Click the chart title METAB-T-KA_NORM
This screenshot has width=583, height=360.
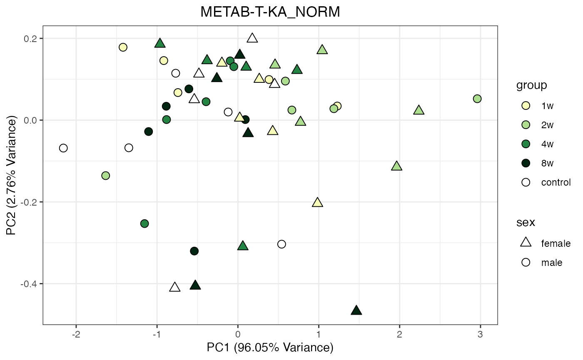click(x=270, y=12)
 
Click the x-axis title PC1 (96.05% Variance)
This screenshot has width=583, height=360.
click(x=270, y=348)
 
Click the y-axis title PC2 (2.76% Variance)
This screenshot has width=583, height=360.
click(x=12, y=177)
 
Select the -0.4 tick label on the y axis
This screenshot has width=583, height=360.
click(x=30, y=284)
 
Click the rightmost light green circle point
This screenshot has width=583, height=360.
click(x=477, y=99)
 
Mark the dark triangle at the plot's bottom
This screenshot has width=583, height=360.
click(x=356, y=310)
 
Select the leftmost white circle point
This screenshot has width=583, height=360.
click(x=63, y=148)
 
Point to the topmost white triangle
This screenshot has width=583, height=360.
click(x=252, y=38)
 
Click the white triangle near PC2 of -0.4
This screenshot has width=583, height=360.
click(x=175, y=287)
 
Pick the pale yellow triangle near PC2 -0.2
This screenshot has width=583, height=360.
click(x=317, y=203)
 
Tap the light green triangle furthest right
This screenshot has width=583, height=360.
click(x=419, y=110)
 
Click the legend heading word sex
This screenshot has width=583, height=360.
click(x=526, y=222)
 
